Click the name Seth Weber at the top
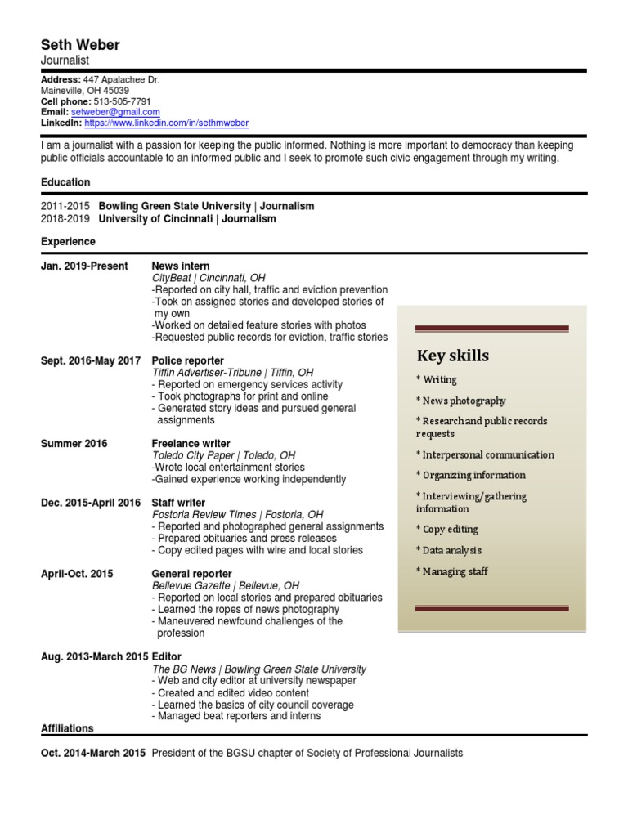(x=80, y=45)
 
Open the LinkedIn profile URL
(x=166, y=123)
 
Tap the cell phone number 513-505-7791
(x=123, y=101)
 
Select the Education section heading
(x=65, y=182)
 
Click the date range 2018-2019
(x=65, y=219)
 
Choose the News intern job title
(x=181, y=266)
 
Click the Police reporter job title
(x=188, y=360)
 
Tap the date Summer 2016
(x=74, y=443)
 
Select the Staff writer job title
(x=179, y=503)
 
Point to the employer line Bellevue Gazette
(x=226, y=586)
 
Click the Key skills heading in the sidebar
(x=453, y=356)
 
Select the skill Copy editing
(x=446, y=530)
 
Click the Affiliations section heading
(x=67, y=728)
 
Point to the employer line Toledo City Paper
(x=223, y=455)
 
